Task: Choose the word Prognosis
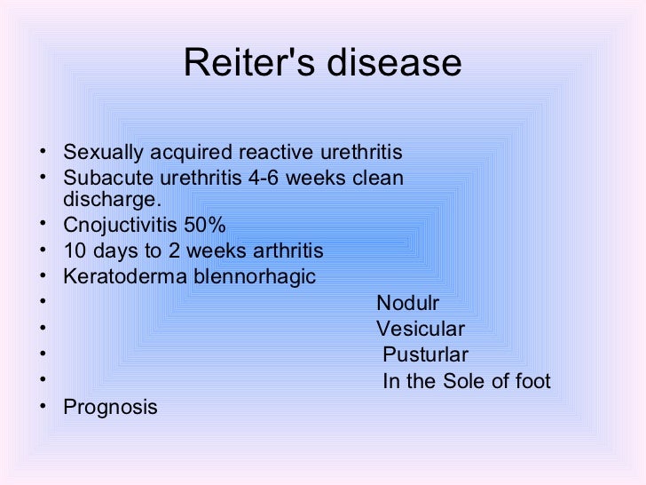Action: coord(111,408)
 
